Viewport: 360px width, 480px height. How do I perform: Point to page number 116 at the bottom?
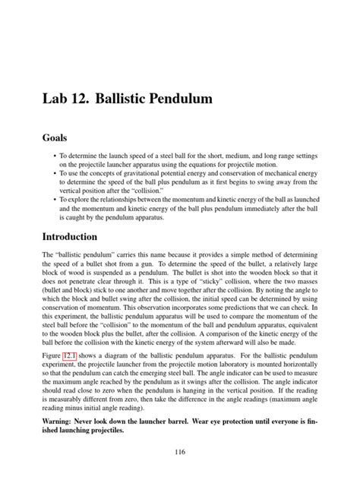(x=179, y=452)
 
